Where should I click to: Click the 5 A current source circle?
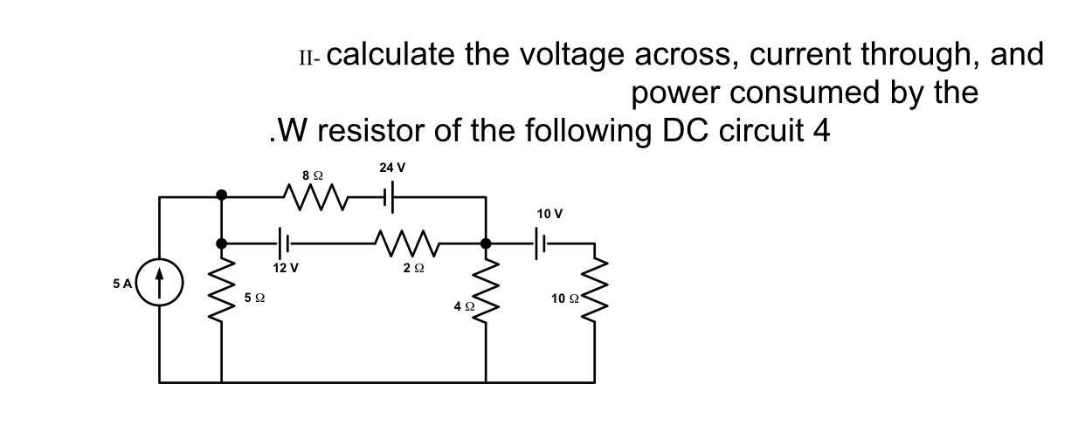[159, 284]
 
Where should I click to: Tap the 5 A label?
[122, 284]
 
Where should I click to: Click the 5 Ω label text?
[255, 298]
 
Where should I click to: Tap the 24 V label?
[392, 168]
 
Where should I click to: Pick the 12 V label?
[286, 268]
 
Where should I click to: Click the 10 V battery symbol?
[543, 243]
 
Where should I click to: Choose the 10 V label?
[550, 214]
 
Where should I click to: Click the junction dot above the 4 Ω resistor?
[487, 243]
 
